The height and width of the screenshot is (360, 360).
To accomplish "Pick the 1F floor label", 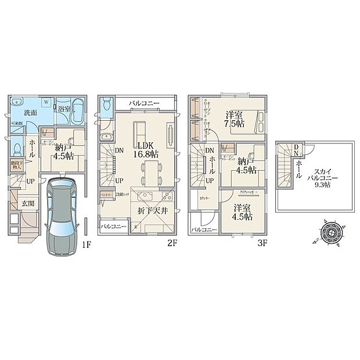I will [87, 244].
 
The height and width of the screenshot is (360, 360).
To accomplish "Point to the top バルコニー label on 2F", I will [144, 103].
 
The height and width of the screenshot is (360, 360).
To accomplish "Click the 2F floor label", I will [171, 244].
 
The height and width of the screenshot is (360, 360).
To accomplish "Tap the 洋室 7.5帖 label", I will [235, 119].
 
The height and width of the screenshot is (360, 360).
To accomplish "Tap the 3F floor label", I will [262, 244].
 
